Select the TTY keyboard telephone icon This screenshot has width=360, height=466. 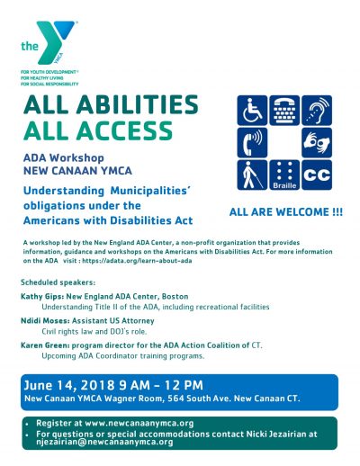285,110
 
